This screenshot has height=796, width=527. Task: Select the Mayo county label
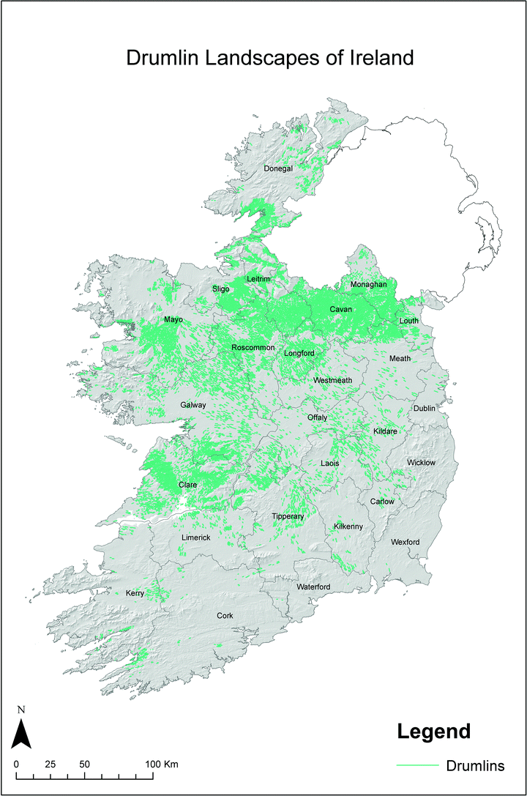coord(173,320)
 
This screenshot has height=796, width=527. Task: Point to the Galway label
coord(194,405)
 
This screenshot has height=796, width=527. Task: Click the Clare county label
coord(188,485)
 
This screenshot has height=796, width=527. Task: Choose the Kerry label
coord(135,593)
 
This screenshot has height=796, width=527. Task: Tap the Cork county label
coord(225,616)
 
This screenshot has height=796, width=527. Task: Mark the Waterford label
coord(313,587)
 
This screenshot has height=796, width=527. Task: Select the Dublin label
coord(424,408)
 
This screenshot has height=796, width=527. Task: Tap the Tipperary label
coord(288,517)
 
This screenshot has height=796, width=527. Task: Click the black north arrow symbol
coord(22,733)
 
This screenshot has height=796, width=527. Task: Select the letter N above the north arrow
coord(22,709)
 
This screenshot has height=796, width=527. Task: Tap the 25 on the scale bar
coord(51,764)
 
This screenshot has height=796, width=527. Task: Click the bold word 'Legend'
coord(433,730)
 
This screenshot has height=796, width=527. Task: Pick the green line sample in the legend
coord(416,766)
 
